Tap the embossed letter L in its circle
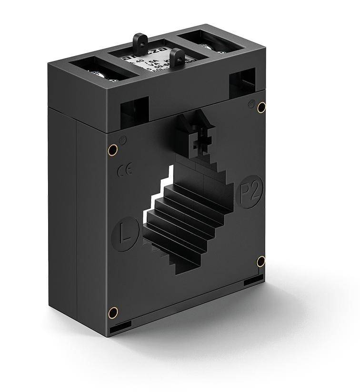[125, 235]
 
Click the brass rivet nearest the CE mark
[112, 150]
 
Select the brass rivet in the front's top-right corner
[261, 108]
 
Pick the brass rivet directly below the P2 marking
[260, 261]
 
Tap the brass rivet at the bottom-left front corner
[113, 313]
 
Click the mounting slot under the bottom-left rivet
[120, 328]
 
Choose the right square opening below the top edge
[242, 83]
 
